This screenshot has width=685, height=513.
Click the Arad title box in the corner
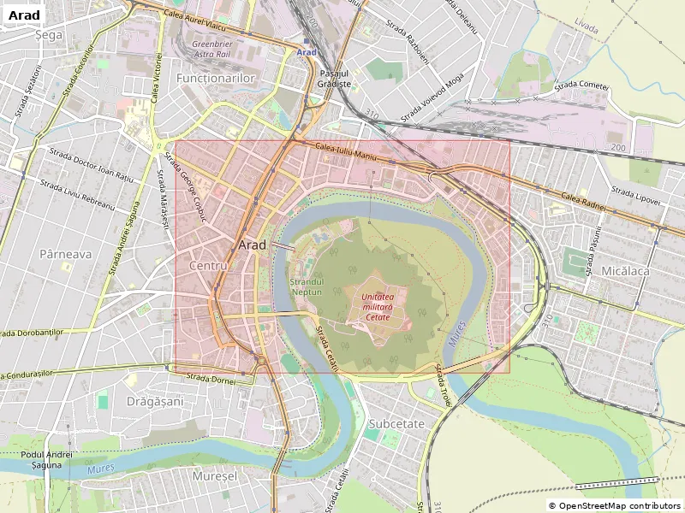24,15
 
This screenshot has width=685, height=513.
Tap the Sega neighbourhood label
49,36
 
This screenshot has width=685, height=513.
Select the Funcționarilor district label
216,78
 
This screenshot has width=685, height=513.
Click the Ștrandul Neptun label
306,286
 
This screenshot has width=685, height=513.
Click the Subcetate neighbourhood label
396,423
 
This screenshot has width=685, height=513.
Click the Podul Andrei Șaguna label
48,459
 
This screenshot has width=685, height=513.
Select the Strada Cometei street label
581,85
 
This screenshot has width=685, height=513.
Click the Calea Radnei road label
583,202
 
